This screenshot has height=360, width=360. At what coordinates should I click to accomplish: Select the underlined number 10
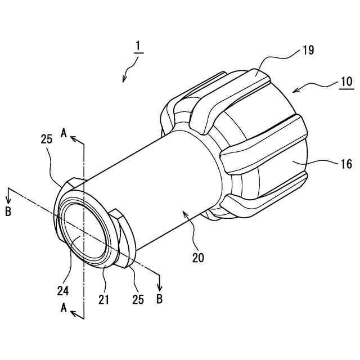345,82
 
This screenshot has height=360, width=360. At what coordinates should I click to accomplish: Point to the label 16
346,164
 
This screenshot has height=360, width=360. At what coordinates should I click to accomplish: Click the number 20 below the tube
197,258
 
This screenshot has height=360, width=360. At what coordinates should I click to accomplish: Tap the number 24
62,291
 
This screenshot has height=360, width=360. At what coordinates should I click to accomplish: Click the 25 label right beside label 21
137,300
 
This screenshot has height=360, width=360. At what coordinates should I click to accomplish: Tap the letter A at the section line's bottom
64,308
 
